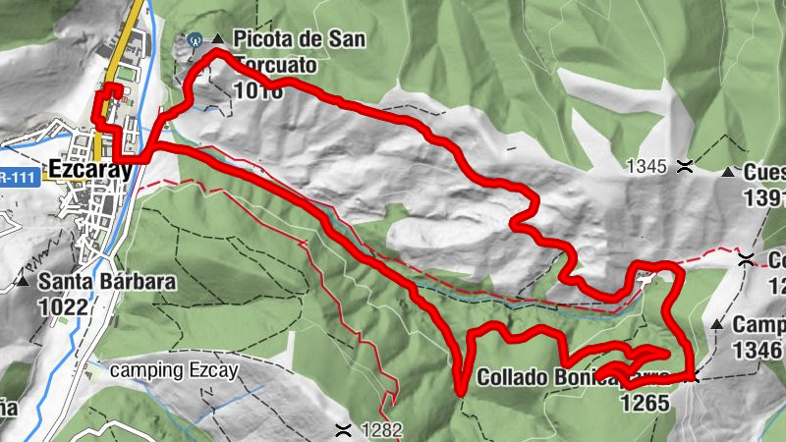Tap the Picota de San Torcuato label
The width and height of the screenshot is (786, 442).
tap(285, 52)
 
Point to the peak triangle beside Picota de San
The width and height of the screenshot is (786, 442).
tap(217, 39)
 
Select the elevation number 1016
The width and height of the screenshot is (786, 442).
tap(258, 91)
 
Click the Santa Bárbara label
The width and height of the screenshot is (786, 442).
tap(107, 282)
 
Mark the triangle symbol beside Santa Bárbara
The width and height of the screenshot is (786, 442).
tap(22, 283)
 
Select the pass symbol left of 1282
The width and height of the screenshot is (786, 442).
tap(343, 429)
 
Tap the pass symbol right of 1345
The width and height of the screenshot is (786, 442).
tap(683, 168)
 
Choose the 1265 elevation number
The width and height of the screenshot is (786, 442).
tap(645, 401)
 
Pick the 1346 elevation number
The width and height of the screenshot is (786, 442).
tap(759, 350)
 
